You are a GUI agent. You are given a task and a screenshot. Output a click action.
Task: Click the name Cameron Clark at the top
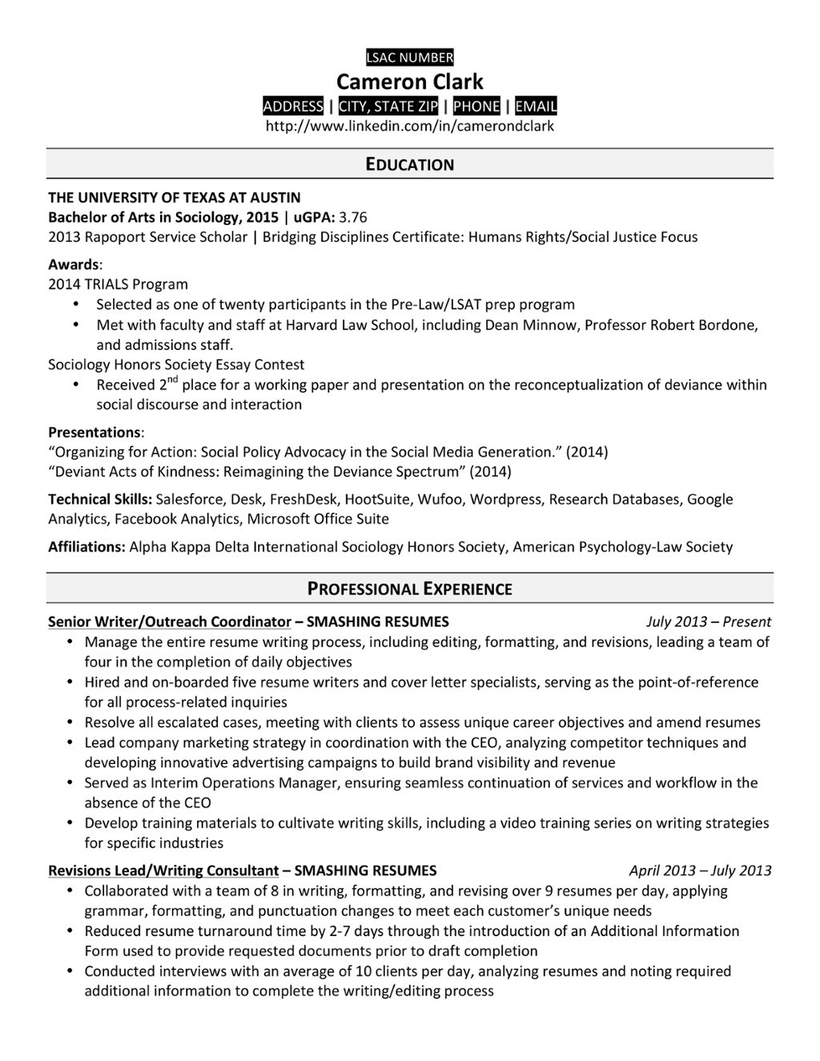click(x=409, y=82)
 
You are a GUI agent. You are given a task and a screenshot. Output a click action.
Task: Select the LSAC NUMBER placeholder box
click(x=409, y=57)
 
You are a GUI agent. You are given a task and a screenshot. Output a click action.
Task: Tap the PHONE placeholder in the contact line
click(x=476, y=107)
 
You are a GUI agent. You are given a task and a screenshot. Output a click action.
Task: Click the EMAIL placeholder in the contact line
click(x=536, y=107)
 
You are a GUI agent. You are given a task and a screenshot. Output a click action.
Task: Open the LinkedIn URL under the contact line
click(x=409, y=126)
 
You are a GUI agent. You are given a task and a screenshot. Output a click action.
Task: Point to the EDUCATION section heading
click(x=409, y=164)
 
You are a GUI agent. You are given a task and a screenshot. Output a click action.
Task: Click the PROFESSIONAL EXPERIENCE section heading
click(x=409, y=589)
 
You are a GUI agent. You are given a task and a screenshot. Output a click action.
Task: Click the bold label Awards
click(x=74, y=264)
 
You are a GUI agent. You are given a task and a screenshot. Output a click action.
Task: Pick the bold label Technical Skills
click(x=100, y=499)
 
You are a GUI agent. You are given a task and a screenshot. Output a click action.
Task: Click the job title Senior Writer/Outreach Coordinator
click(x=169, y=621)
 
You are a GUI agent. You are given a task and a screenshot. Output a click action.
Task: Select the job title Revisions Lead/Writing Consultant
click(x=163, y=870)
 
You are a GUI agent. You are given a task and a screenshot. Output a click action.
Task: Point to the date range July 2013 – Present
click(x=708, y=621)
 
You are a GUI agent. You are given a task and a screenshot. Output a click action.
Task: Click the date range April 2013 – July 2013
click(x=700, y=870)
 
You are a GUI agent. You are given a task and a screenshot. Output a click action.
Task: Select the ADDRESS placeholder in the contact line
click(x=293, y=107)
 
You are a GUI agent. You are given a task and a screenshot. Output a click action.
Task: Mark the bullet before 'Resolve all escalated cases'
click(x=70, y=722)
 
